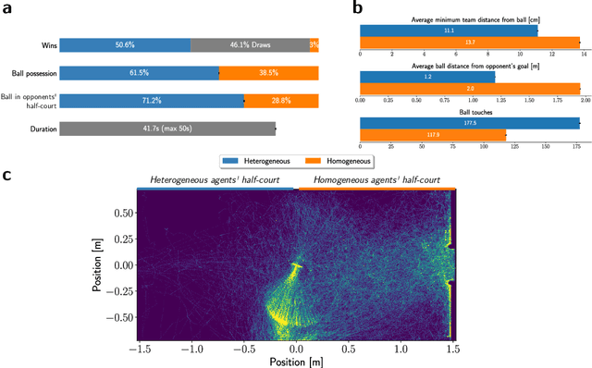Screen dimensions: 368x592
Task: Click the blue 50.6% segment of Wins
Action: [x=125, y=44]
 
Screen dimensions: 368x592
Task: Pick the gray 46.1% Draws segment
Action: [x=250, y=44]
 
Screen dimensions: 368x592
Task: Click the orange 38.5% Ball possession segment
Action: [x=269, y=72]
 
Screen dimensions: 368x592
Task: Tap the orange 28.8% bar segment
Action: [x=282, y=100]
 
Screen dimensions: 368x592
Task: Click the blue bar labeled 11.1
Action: [x=449, y=31]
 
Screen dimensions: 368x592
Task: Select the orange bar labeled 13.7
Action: [x=470, y=42]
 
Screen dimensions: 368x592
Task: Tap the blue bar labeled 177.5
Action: [x=470, y=123]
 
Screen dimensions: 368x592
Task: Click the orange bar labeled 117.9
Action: [x=433, y=135]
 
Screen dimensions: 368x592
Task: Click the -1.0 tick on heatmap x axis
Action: [x=191, y=350]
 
